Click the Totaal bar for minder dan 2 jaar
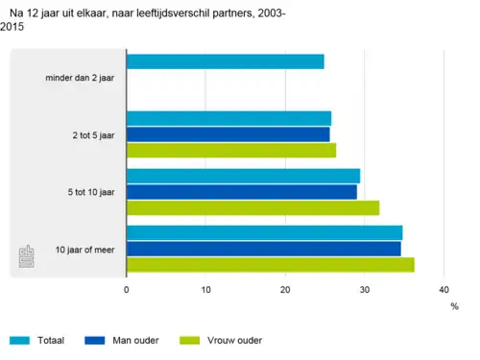point(225,61)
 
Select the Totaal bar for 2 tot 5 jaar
point(228,118)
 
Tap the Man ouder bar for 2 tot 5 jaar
point(228,134)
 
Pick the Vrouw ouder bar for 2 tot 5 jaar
point(231,150)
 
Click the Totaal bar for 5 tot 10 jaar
point(243,176)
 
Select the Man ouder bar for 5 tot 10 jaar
point(241,191)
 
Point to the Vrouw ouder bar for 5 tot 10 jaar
point(252,207)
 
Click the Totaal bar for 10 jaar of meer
point(264,232)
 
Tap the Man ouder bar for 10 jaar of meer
point(263,249)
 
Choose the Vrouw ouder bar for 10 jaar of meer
point(270,264)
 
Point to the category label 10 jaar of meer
point(84,249)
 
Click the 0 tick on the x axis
point(127,289)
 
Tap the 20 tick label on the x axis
point(285,289)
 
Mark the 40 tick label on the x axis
point(444,289)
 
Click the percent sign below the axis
point(454,306)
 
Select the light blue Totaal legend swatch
point(21,340)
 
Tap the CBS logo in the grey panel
point(28,257)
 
